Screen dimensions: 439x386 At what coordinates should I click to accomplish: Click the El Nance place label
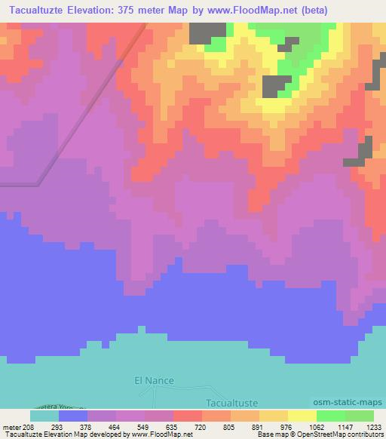pyautogui.click(x=149, y=382)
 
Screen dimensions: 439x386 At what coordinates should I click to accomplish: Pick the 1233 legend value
pyautogui.click(x=372, y=426)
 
